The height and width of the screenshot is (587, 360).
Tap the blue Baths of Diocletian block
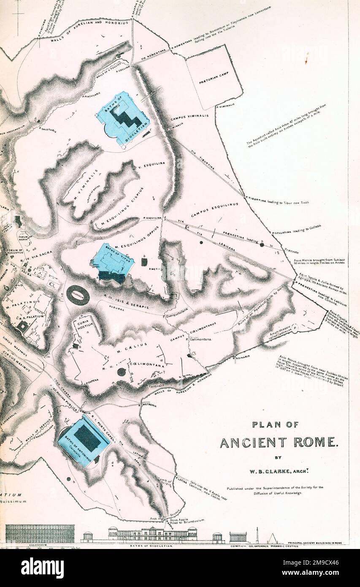(123, 118)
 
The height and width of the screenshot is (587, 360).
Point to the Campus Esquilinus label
(214, 210)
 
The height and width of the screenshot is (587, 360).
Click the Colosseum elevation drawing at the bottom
(40, 533)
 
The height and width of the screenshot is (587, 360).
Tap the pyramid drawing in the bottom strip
(273, 538)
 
